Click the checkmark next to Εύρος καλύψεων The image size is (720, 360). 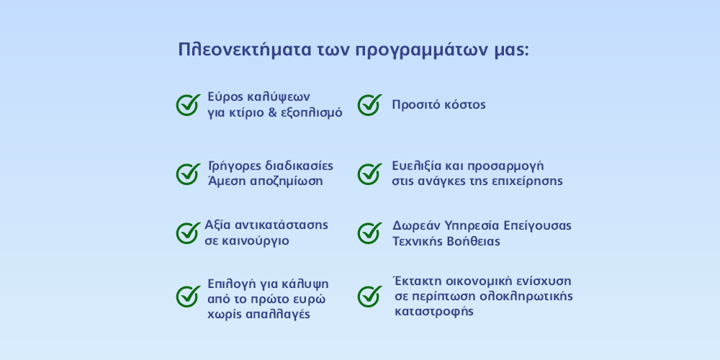188,104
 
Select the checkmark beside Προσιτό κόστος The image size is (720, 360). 369,104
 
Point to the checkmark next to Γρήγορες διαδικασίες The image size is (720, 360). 188,174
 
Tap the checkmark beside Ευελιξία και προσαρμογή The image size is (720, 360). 369,174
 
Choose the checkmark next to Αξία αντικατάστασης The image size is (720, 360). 188,233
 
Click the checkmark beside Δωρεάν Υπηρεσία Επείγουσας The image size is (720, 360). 369,233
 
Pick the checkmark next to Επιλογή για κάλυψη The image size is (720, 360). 188,297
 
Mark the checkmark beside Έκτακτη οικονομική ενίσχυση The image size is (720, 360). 369,297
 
